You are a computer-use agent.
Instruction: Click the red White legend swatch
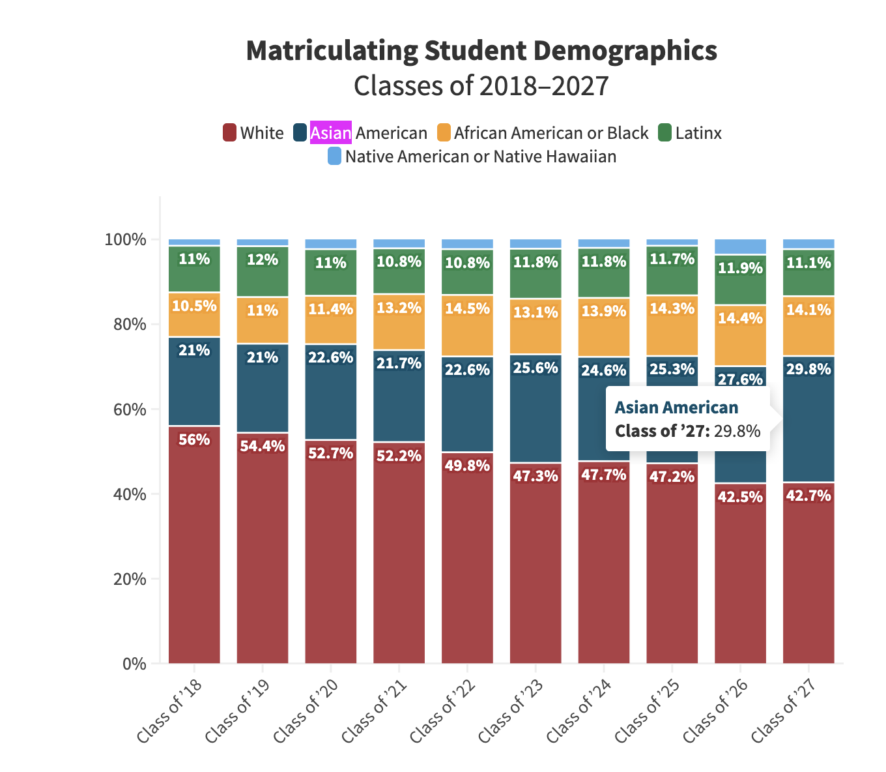point(229,133)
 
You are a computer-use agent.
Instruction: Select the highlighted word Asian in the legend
point(331,133)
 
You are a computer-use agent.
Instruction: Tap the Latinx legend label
point(698,133)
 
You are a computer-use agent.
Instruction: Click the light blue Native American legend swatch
point(334,156)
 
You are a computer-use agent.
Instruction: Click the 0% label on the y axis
point(134,664)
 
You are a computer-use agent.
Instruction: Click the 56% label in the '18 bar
point(194,439)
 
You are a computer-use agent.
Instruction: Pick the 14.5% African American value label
point(467,308)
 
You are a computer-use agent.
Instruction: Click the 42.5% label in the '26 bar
point(740,497)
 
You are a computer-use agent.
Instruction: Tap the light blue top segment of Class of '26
point(740,246)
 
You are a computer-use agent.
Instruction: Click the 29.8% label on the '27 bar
point(808,370)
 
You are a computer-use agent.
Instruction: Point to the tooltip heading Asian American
point(676,408)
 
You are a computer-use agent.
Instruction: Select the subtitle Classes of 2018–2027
point(481,85)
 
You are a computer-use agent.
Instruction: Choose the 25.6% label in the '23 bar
point(536,368)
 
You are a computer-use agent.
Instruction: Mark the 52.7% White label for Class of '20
point(331,453)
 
